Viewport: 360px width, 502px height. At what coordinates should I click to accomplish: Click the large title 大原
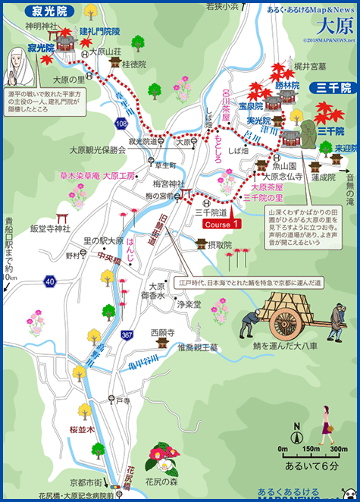[x=328, y=24]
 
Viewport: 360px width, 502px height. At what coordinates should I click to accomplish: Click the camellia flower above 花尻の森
[x=164, y=457]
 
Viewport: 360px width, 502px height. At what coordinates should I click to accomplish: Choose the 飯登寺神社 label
[x=50, y=227]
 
